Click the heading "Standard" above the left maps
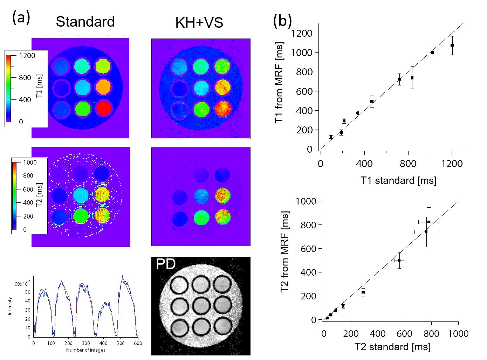tap(85, 22)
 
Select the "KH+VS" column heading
tap(199, 23)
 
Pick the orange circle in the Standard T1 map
tap(103, 87)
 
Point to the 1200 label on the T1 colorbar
tap(27, 56)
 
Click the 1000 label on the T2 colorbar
tap(30, 162)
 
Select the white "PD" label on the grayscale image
tap(166, 264)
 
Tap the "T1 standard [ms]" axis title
tap(398, 181)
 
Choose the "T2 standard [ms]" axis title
tap(392, 347)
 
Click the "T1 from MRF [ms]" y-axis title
tap(279, 83)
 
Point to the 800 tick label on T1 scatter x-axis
tap(408, 164)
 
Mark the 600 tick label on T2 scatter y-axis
tap(308, 249)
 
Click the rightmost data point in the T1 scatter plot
tap(452, 46)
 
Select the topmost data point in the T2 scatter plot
tap(428, 222)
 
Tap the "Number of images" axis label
tap(85, 350)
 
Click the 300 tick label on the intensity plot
tap(86, 343)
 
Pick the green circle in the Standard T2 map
tap(81, 216)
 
